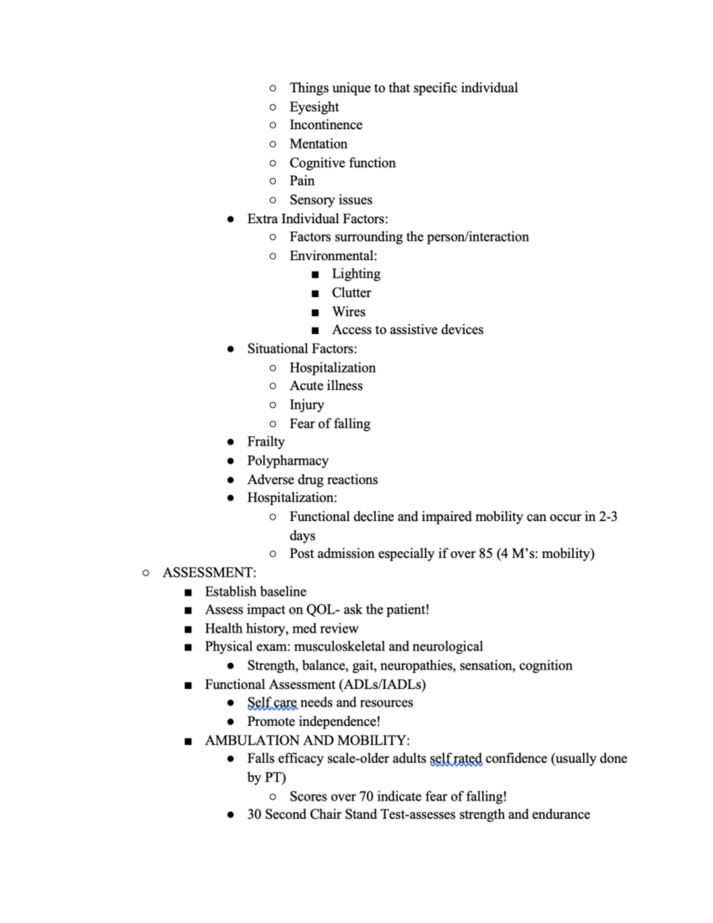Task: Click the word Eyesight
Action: (314, 107)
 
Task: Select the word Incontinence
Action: (326, 125)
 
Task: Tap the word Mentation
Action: (318, 144)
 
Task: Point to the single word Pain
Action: (302, 181)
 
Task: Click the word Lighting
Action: (356, 273)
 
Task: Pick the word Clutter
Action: (351, 292)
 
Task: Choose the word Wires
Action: (348, 311)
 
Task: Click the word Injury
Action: (307, 405)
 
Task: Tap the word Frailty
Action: (266, 442)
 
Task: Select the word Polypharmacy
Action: (288, 461)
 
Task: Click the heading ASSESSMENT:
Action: (209, 572)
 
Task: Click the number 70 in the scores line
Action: (366, 796)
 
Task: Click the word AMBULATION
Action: (253, 741)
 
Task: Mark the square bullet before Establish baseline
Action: (188, 592)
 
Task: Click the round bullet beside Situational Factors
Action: (231, 349)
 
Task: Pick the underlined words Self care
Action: (272, 703)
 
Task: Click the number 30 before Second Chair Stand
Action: (254, 814)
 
